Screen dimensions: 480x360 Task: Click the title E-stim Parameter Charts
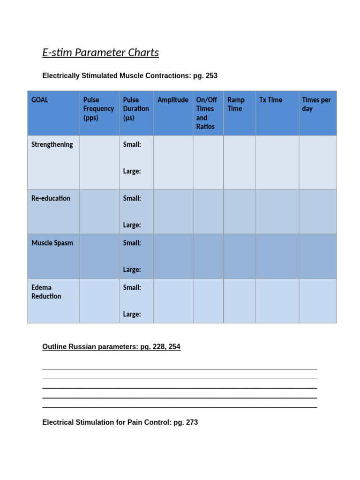(100, 52)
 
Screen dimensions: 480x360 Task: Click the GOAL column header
(40, 100)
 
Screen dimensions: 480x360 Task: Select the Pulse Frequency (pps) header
(98, 109)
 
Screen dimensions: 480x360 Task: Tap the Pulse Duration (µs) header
(136, 109)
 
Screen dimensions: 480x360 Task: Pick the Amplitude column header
(173, 100)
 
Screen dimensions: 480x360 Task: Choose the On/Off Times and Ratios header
(207, 113)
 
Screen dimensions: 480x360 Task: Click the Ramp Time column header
(236, 104)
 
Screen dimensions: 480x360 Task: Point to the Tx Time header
(271, 100)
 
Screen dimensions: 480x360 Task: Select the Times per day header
(316, 104)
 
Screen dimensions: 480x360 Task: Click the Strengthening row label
(52, 144)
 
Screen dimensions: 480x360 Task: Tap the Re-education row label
(51, 198)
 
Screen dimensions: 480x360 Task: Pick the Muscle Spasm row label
(52, 243)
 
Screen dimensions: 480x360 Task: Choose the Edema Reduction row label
(46, 292)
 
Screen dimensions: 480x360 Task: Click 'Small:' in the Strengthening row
(132, 144)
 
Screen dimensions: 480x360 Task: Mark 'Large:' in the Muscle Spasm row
(132, 270)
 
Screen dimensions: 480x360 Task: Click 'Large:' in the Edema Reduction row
(132, 314)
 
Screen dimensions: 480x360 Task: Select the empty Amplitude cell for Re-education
(173, 211)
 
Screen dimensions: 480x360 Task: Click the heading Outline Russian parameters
(111, 347)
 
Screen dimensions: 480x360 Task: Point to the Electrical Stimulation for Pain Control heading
(120, 422)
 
